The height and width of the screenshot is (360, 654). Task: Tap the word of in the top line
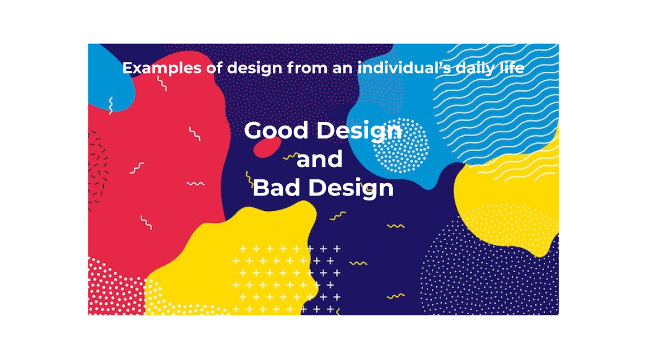point(214,67)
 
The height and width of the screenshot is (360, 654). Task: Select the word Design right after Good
point(359,132)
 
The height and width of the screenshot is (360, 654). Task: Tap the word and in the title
point(319,160)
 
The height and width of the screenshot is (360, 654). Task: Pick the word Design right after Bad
point(351,189)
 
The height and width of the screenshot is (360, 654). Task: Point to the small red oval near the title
point(268,147)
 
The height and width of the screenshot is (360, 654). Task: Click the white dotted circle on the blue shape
point(400,145)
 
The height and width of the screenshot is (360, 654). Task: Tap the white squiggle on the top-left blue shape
point(111,106)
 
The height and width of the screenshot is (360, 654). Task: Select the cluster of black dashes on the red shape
point(98,167)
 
